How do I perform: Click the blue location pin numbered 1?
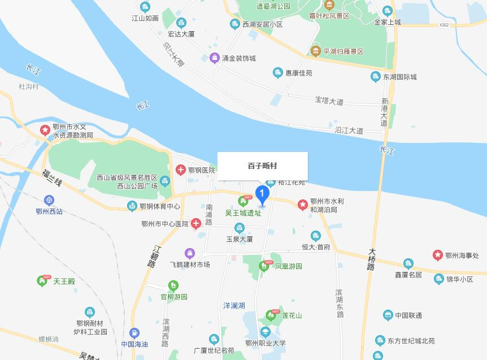262,194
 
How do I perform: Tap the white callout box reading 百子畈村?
262,166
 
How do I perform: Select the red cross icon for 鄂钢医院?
180,170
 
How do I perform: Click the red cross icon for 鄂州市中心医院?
195,224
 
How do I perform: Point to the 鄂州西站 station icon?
50,200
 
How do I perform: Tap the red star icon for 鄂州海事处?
437,255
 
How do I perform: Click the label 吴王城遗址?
243,213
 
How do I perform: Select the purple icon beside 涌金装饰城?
215,58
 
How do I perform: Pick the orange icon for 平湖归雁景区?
315,51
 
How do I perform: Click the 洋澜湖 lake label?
234,305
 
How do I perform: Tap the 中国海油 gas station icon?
134,333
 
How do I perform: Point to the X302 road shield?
444,25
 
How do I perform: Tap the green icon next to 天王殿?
42,280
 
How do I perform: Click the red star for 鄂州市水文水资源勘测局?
44,131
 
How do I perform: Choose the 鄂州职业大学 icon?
266,332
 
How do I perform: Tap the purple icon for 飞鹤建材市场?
190,253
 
